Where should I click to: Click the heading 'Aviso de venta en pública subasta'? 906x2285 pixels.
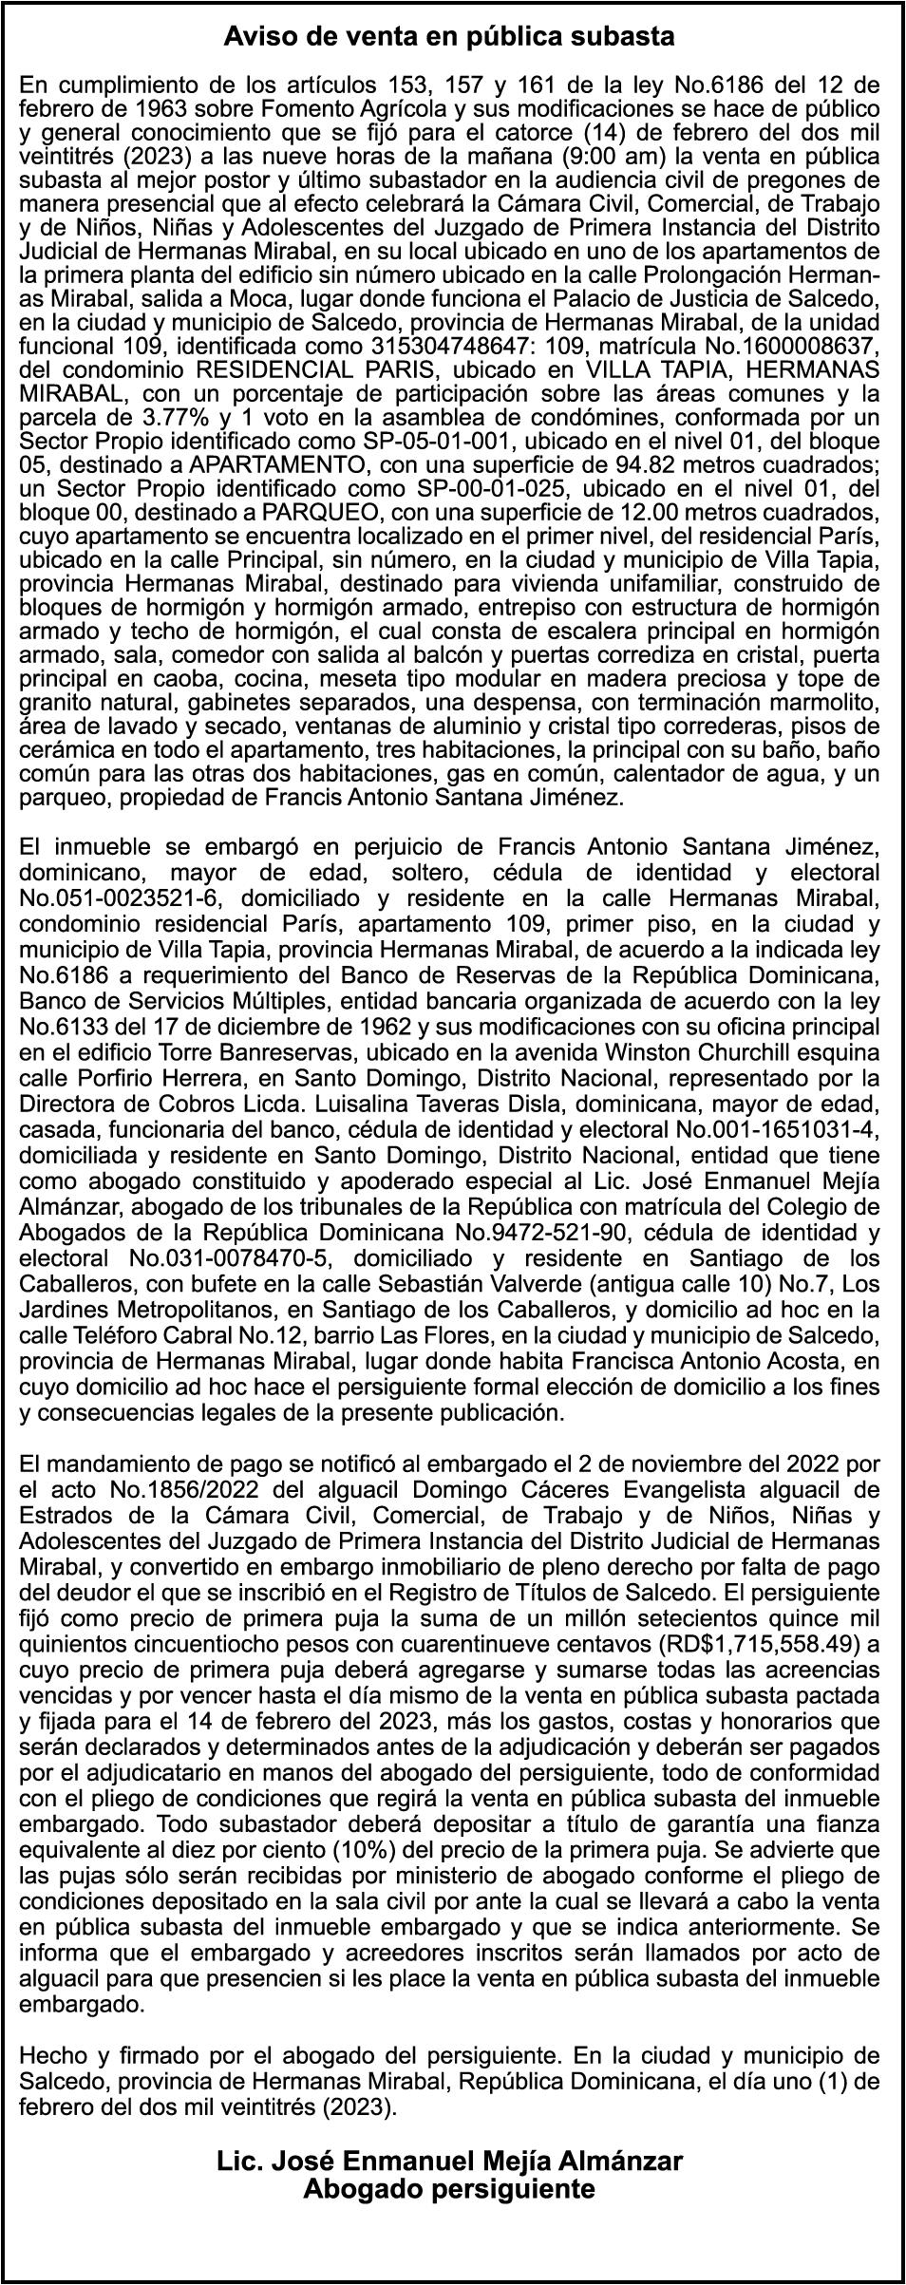449,38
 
